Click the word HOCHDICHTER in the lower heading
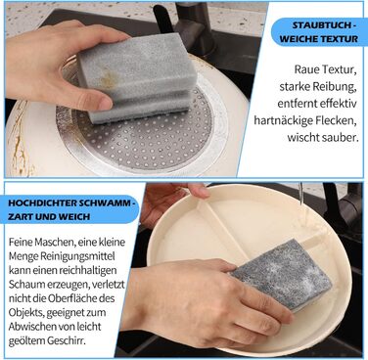click(41, 202)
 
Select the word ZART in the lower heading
click(18, 216)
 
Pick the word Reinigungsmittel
click(77, 256)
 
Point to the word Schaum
click(26, 285)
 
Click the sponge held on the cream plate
click(282, 275)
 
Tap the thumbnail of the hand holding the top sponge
click(105, 104)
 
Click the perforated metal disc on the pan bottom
click(137, 137)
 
